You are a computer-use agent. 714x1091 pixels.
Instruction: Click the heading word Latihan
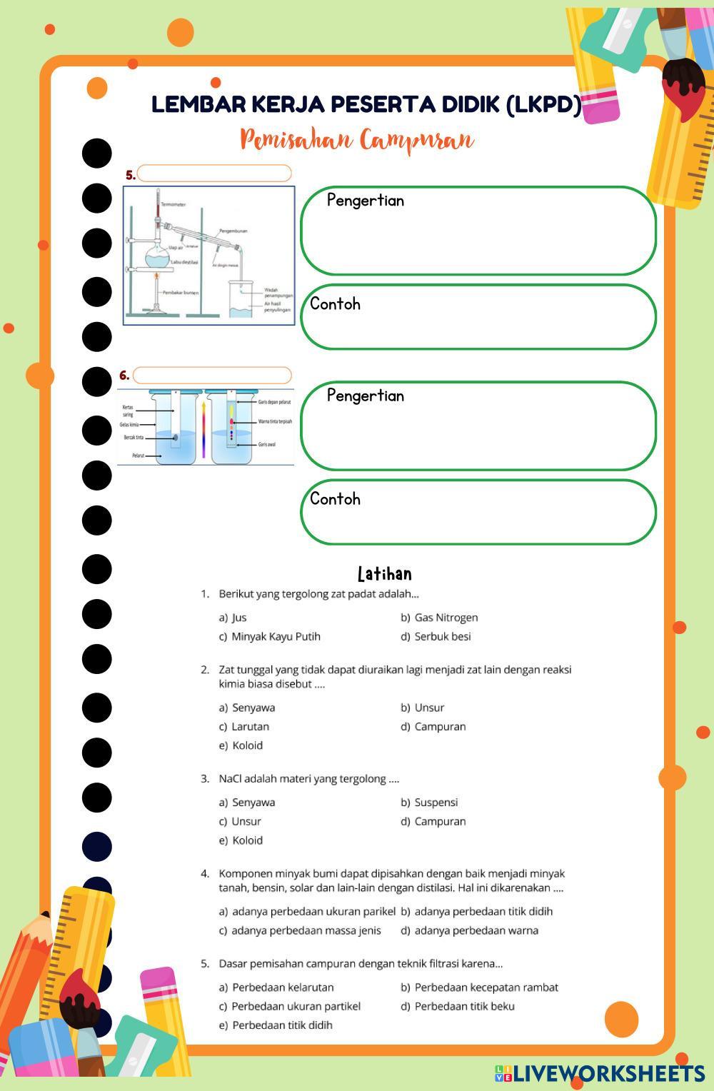point(384,574)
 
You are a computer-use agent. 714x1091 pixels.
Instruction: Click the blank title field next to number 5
point(214,174)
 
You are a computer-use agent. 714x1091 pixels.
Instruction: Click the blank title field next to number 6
point(212,376)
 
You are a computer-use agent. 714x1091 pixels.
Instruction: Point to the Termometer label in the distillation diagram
point(174,205)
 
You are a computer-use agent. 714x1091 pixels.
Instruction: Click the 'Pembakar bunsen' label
point(181,293)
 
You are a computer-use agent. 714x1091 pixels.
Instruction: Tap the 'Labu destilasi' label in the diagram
point(184,263)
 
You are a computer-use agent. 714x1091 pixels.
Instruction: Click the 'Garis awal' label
point(266,444)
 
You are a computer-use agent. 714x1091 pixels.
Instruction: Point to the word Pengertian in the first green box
point(366,201)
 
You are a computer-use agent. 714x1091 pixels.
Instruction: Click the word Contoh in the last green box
point(335,499)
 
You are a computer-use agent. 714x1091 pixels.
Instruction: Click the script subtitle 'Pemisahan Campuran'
point(356,140)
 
